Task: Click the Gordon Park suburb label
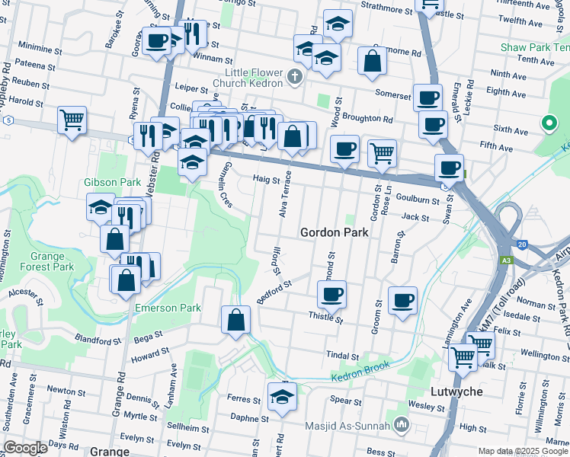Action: (x=334, y=232)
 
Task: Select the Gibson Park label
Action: (x=112, y=183)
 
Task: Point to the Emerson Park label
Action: (x=168, y=308)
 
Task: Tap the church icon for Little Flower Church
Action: (x=296, y=76)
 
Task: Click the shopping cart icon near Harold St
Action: (x=72, y=120)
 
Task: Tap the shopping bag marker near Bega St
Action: (x=236, y=319)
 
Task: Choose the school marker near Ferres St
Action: (x=282, y=395)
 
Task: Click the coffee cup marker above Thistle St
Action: (x=331, y=293)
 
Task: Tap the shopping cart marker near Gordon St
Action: (x=382, y=152)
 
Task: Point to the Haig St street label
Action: (x=267, y=180)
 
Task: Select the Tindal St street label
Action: (x=342, y=356)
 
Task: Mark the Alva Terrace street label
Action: (x=285, y=194)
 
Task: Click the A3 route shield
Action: (x=507, y=260)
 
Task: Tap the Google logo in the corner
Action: (x=25, y=447)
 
